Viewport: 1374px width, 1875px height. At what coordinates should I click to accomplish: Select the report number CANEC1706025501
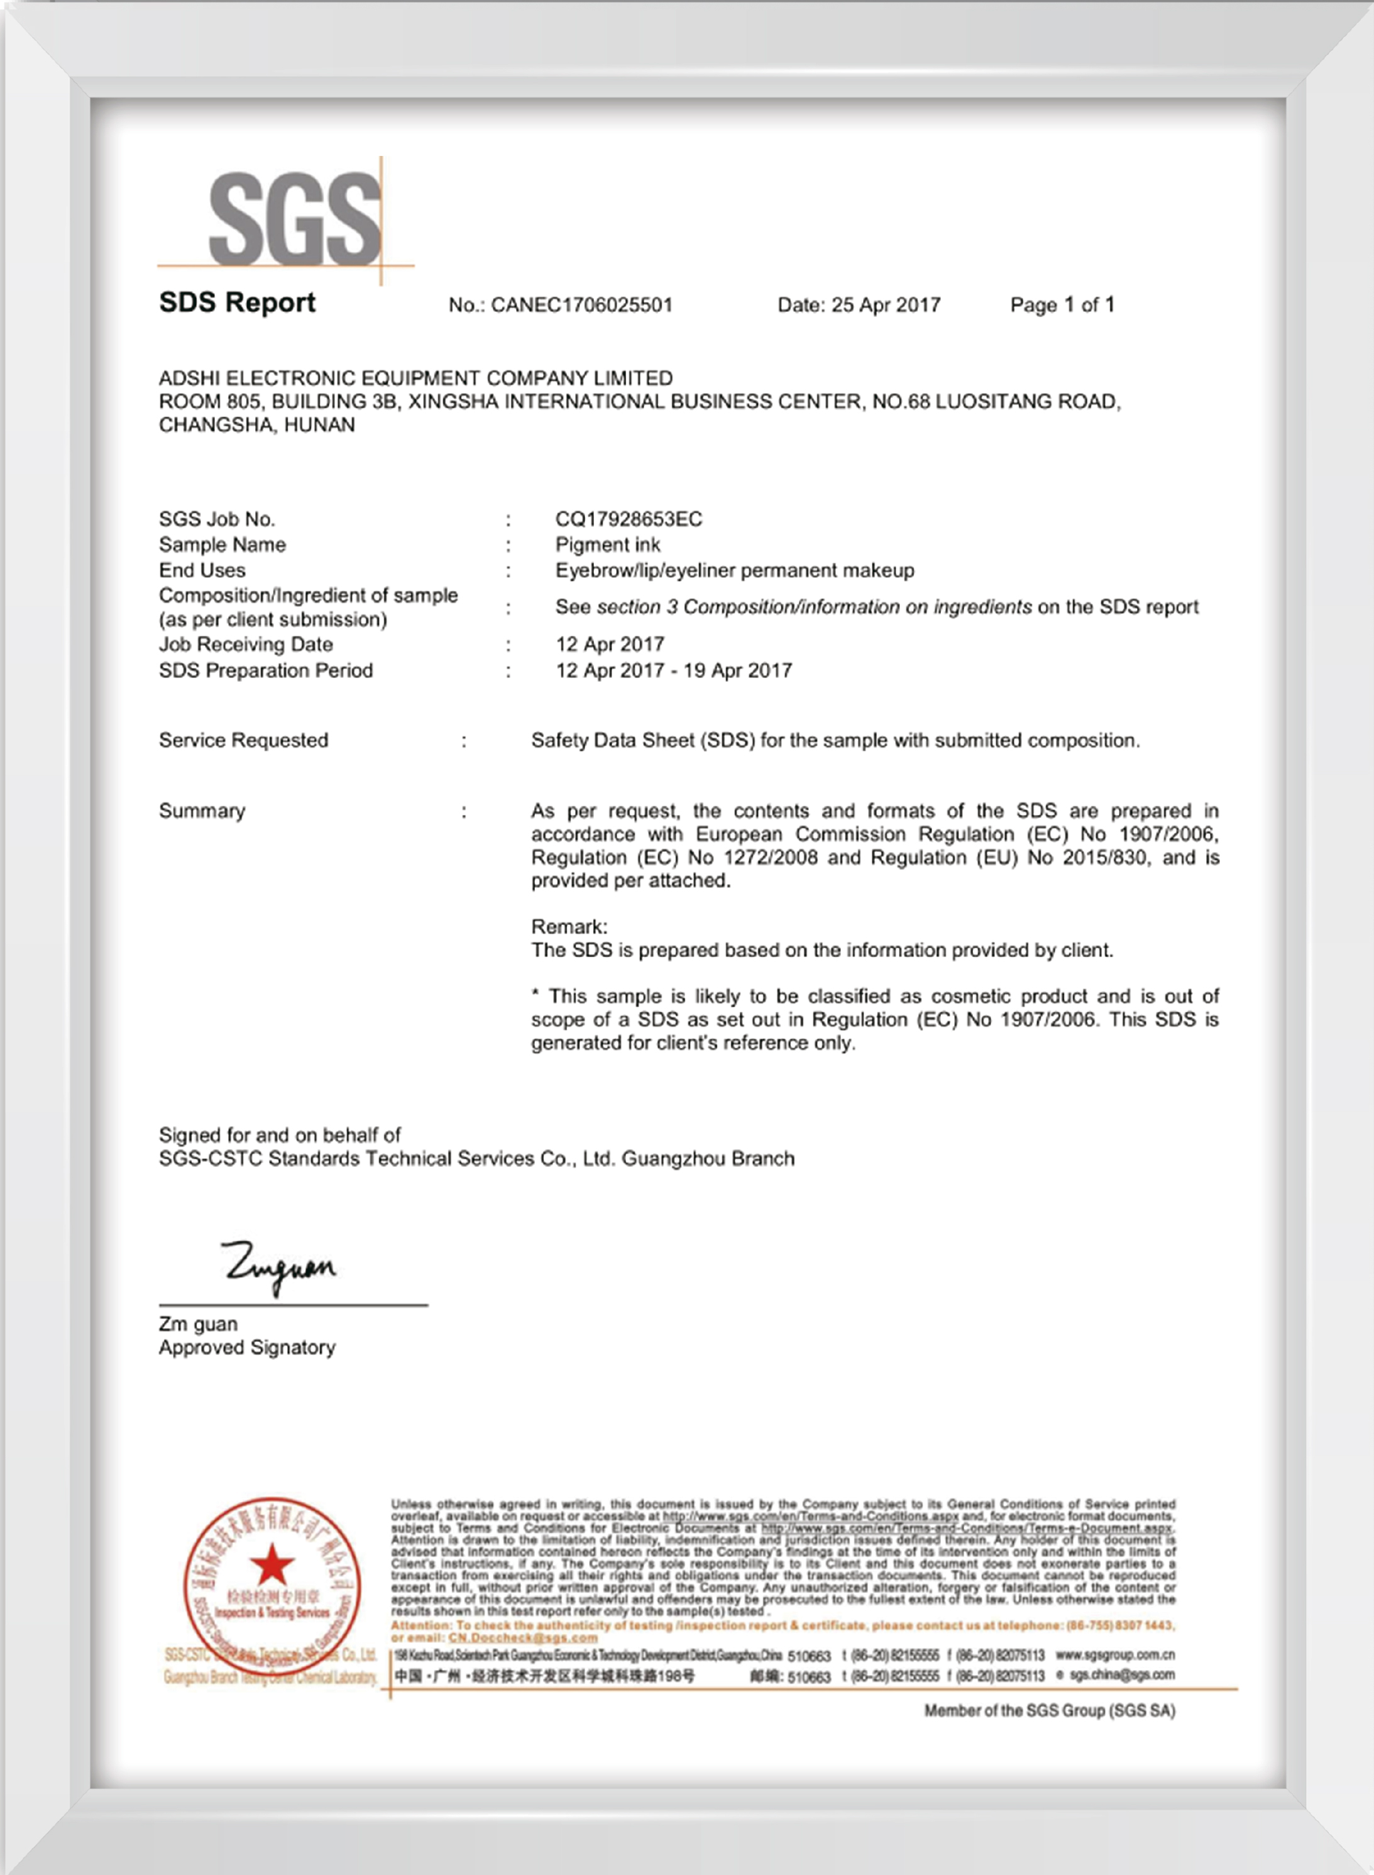click(581, 306)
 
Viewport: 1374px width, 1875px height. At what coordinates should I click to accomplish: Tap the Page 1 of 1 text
click(1062, 306)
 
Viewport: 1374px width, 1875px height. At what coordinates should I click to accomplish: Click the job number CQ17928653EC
click(629, 519)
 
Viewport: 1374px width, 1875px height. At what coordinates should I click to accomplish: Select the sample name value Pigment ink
click(607, 545)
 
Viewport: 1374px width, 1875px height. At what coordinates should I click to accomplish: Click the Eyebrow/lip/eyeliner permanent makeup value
click(734, 571)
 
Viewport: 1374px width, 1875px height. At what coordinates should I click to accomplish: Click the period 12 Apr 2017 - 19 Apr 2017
click(674, 670)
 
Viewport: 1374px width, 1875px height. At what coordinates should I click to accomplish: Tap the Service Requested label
click(244, 740)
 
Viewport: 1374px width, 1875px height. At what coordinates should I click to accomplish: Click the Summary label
click(202, 811)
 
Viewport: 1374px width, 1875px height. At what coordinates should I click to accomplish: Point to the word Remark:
click(569, 927)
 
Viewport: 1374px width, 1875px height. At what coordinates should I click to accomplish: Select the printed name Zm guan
click(198, 1324)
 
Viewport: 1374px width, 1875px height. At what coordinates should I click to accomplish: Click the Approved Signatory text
click(247, 1347)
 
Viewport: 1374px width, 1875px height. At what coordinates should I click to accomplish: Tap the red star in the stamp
click(272, 1564)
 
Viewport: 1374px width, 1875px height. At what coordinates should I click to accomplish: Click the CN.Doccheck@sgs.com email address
click(522, 1638)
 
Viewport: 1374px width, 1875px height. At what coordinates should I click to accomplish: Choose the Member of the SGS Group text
click(1050, 1711)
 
